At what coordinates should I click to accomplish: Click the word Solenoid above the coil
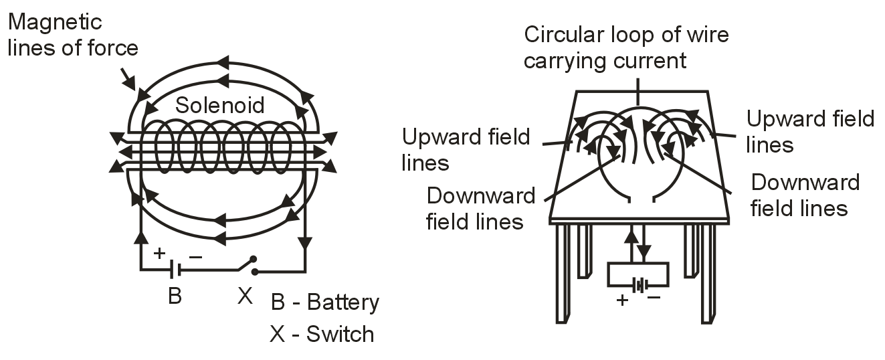(x=219, y=105)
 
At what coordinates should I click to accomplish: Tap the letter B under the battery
(x=175, y=296)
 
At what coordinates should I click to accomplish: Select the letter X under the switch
(x=245, y=296)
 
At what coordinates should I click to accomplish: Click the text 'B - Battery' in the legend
(x=325, y=302)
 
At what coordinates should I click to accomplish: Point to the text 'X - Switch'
(x=322, y=334)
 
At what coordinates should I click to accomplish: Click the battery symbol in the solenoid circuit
(x=175, y=270)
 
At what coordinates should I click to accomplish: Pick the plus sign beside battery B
(x=159, y=253)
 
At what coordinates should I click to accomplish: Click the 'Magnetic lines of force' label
(x=72, y=35)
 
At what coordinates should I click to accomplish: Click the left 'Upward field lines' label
(x=466, y=149)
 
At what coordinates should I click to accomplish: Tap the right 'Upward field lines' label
(x=810, y=131)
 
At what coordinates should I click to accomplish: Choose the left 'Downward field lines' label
(x=480, y=208)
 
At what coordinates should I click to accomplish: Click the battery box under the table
(x=637, y=275)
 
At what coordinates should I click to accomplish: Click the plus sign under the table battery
(x=623, y=299)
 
